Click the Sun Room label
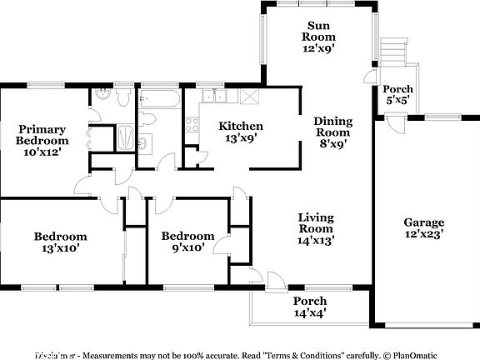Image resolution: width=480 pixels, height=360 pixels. [x=318, y=37]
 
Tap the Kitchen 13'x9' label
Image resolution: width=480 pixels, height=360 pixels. [x=241, y=132]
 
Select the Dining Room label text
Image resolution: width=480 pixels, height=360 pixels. [x=332, y=132]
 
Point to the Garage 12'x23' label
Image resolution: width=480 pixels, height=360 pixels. [x=424, y=227]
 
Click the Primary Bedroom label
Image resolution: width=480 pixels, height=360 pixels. [x=43, y=140]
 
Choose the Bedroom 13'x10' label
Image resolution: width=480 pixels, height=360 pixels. [x=60, y=242]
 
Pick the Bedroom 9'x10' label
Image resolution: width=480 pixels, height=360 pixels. [x=187, y=242]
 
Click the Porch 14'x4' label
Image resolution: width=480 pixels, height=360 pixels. [x=309, y=307]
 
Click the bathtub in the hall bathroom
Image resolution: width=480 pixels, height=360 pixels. [x=157, y=99]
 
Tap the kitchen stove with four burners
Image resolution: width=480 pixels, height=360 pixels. [x=191, y=127]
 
